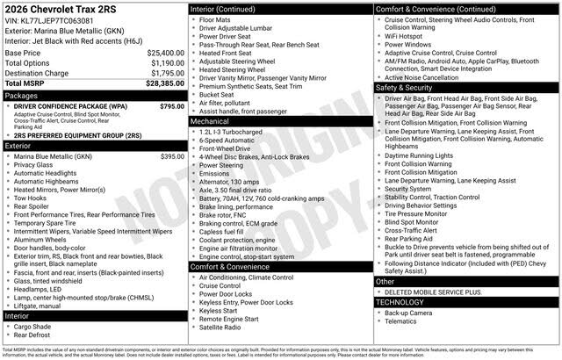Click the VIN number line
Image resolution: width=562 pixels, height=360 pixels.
[51, 21]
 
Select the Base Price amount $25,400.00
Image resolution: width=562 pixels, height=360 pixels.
[165, 53]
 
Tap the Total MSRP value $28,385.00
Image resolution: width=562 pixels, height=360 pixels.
[165, 83]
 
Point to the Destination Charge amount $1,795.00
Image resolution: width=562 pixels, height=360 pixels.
[167, 74]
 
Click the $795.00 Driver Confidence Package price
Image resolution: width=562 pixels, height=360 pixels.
[172, 106]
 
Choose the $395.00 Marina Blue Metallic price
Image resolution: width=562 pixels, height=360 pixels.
[172, 156]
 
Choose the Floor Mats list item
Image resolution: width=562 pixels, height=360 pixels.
[214, 19]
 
